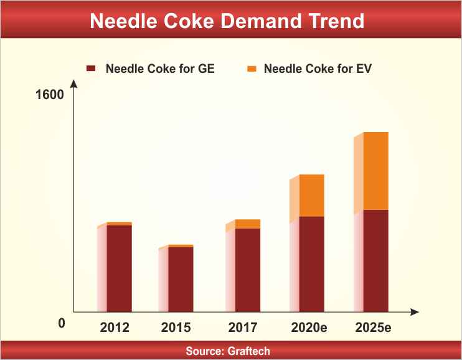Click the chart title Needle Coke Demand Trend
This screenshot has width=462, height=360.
tap(227, 21)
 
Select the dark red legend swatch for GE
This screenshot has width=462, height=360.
tap(92, 69)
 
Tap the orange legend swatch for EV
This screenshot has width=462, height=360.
tap(252, 69)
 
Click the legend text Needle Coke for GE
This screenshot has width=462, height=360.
tap(160, 69)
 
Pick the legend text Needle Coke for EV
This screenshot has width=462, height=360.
tap(318, 69)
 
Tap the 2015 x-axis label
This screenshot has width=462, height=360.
tap(176, 328)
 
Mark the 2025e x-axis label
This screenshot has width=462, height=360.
tap(373, 328)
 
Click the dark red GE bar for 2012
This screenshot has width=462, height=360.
tap(119, 268)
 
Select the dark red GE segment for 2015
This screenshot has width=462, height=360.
tap(181, 279)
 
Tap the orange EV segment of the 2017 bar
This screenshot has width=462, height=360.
tap(248, 224)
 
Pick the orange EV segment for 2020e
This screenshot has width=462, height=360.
tap(312, 195)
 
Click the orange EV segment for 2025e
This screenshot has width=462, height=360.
tap(375, 171)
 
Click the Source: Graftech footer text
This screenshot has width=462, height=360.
tap(228, 351)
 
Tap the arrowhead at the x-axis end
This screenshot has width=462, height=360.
tap(415, 311)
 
